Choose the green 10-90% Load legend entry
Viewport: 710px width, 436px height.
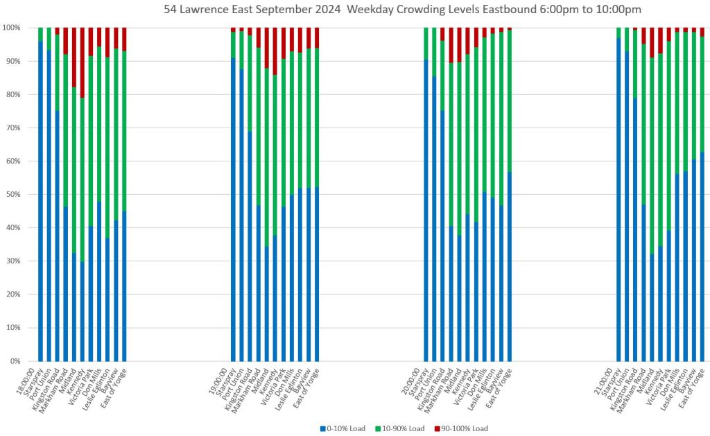401,428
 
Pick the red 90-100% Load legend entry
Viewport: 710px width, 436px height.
460,428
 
